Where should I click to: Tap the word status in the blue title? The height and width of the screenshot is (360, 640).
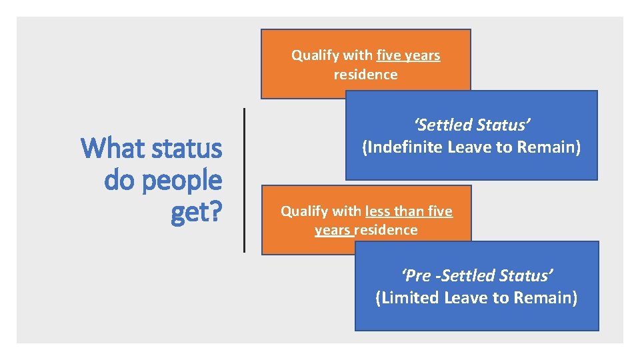pyautogui.click(x=189, y=148)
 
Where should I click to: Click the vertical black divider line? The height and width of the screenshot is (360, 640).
pyautogui.click(x=245, y=180)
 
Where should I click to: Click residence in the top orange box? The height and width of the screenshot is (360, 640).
pyautogui.click(x=365, y=74)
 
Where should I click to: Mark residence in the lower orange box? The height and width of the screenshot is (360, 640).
pyautogui.click(x=386, y=230)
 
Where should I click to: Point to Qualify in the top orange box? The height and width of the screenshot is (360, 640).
pyautogui.click(x=313, y=55)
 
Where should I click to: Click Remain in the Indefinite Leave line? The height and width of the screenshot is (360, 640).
pyautogui.click(x=549, y=147)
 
